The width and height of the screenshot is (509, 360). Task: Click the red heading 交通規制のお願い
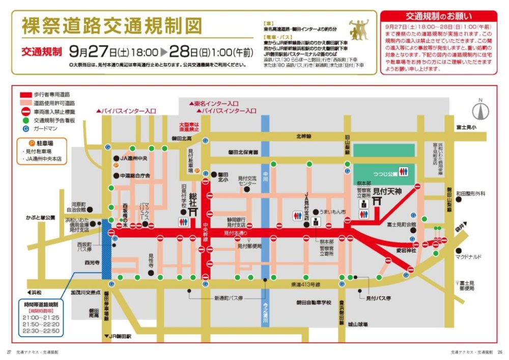coord(438,16)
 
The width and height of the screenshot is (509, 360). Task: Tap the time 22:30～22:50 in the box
coord(41,331)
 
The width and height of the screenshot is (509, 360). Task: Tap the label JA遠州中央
coord(133,158)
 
